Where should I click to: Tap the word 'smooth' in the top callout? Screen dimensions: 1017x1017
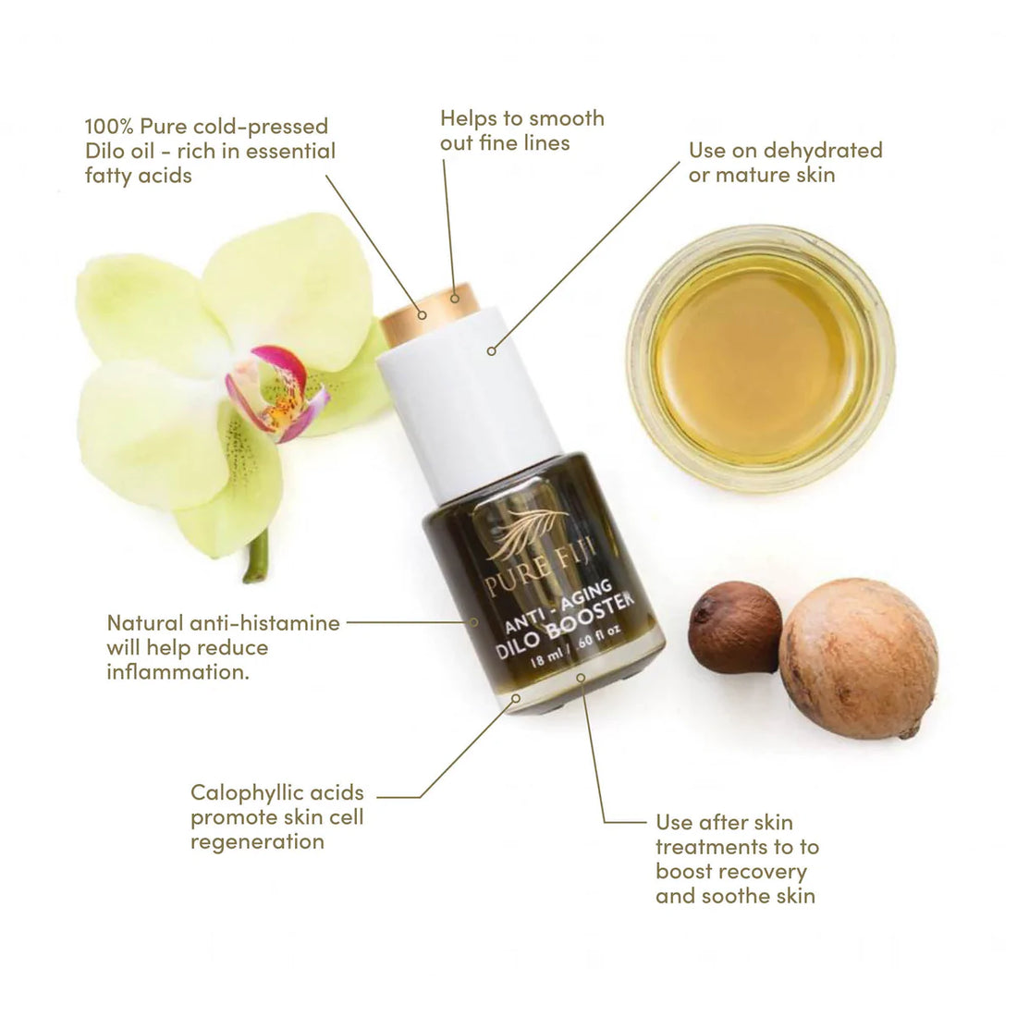[558, 118]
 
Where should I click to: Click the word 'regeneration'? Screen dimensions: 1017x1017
[257, 841]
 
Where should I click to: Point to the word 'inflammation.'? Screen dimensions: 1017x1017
[178, 671]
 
